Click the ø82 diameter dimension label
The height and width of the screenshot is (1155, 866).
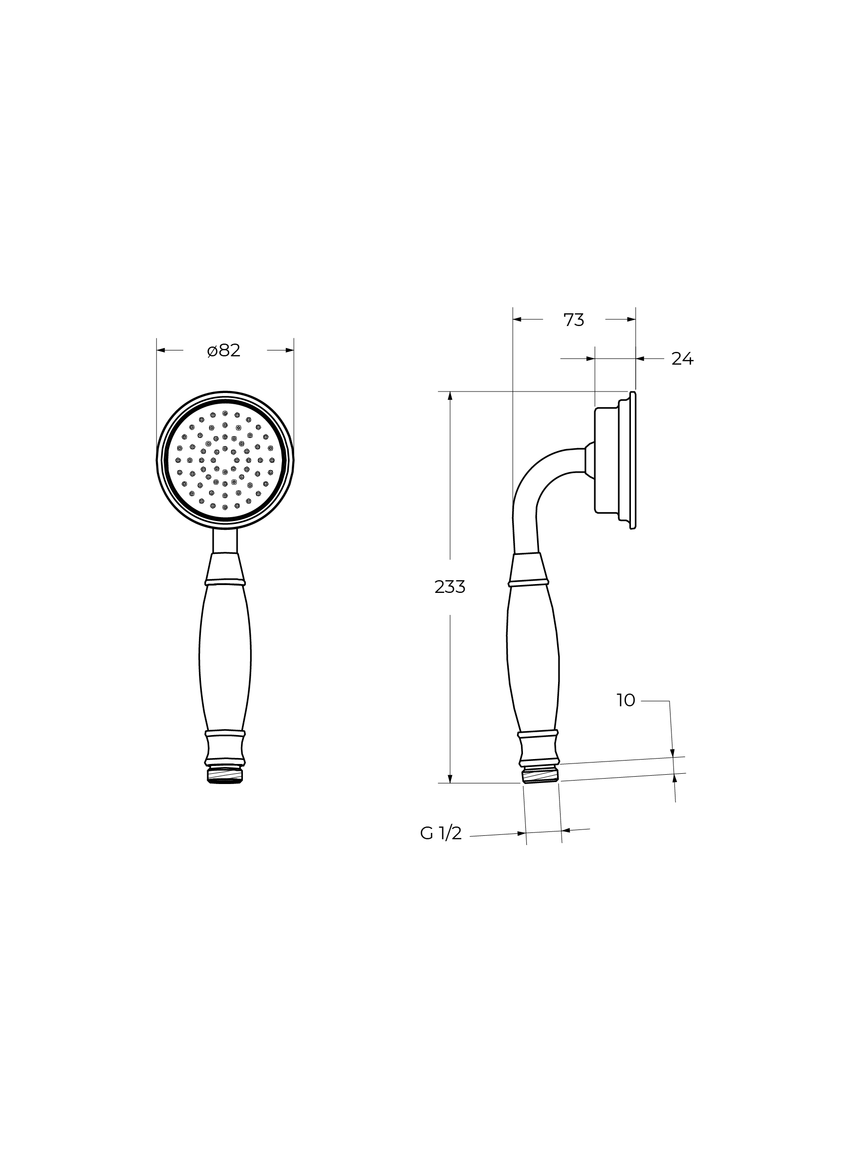click(223, 350)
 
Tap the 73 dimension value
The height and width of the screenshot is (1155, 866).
click(574, 320)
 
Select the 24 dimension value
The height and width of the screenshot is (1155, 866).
click(682, 359)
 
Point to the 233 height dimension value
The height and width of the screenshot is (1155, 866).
click(450, 587)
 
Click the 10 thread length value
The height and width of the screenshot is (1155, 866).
click(626, 700)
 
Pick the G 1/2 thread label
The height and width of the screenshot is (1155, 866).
click(441, 833)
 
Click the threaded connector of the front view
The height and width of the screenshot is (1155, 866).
click(225, 775)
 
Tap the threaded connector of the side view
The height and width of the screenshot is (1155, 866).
click(540, 773)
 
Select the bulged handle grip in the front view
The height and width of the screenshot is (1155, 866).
click(225, 657)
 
